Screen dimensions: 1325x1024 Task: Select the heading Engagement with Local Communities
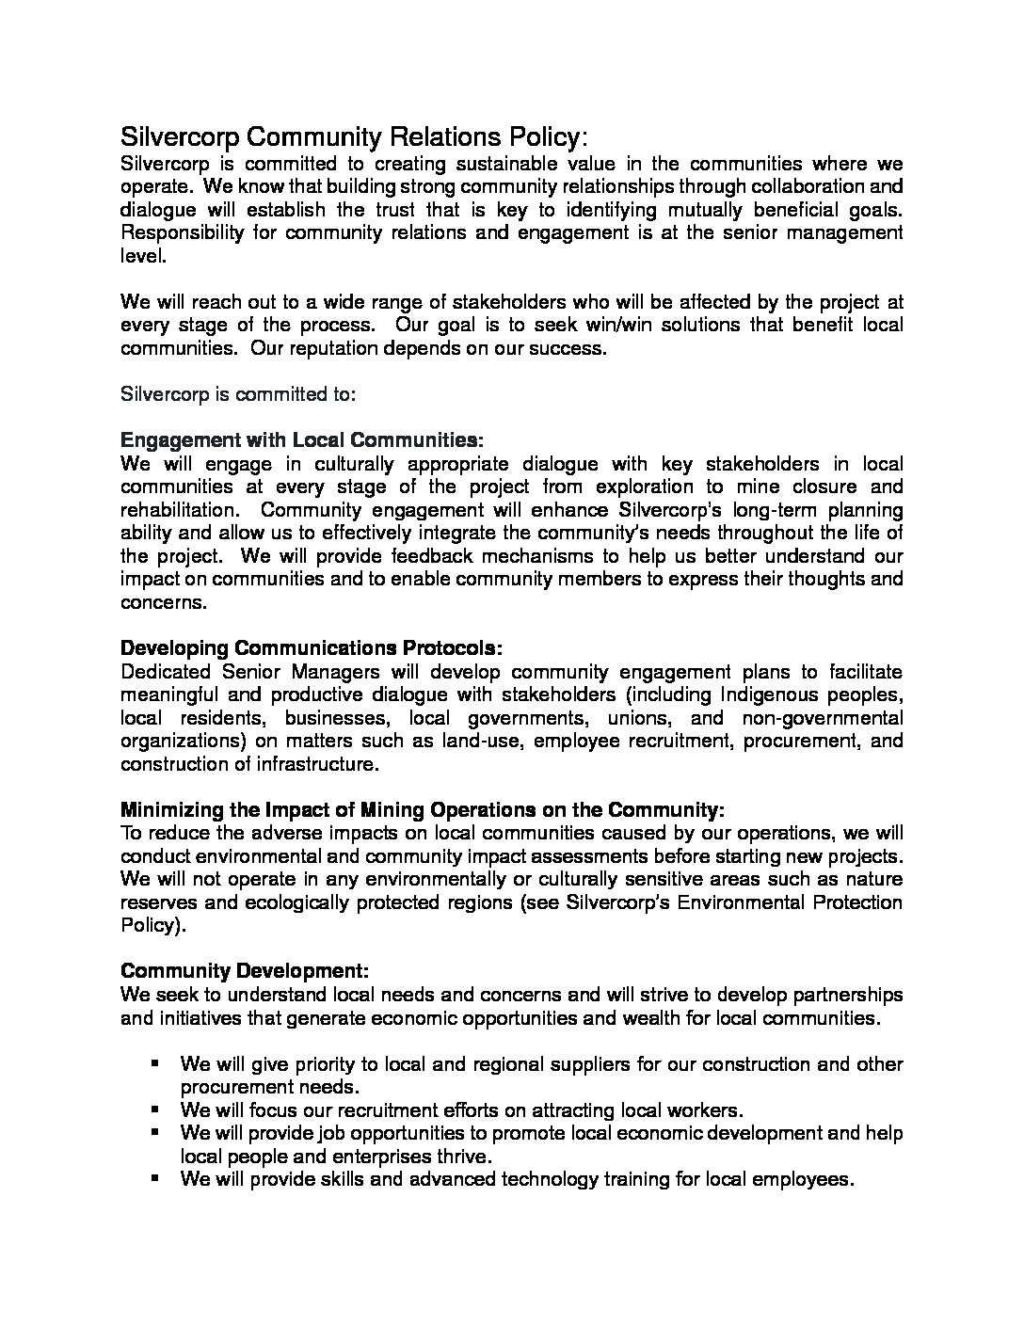tap(302, 439)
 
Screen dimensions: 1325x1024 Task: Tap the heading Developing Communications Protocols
tap(312, 648)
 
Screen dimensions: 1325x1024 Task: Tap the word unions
tap(640, 718)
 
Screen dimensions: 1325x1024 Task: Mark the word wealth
tap(620, 1017)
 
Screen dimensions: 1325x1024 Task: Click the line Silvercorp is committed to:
tap(238, 394)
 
